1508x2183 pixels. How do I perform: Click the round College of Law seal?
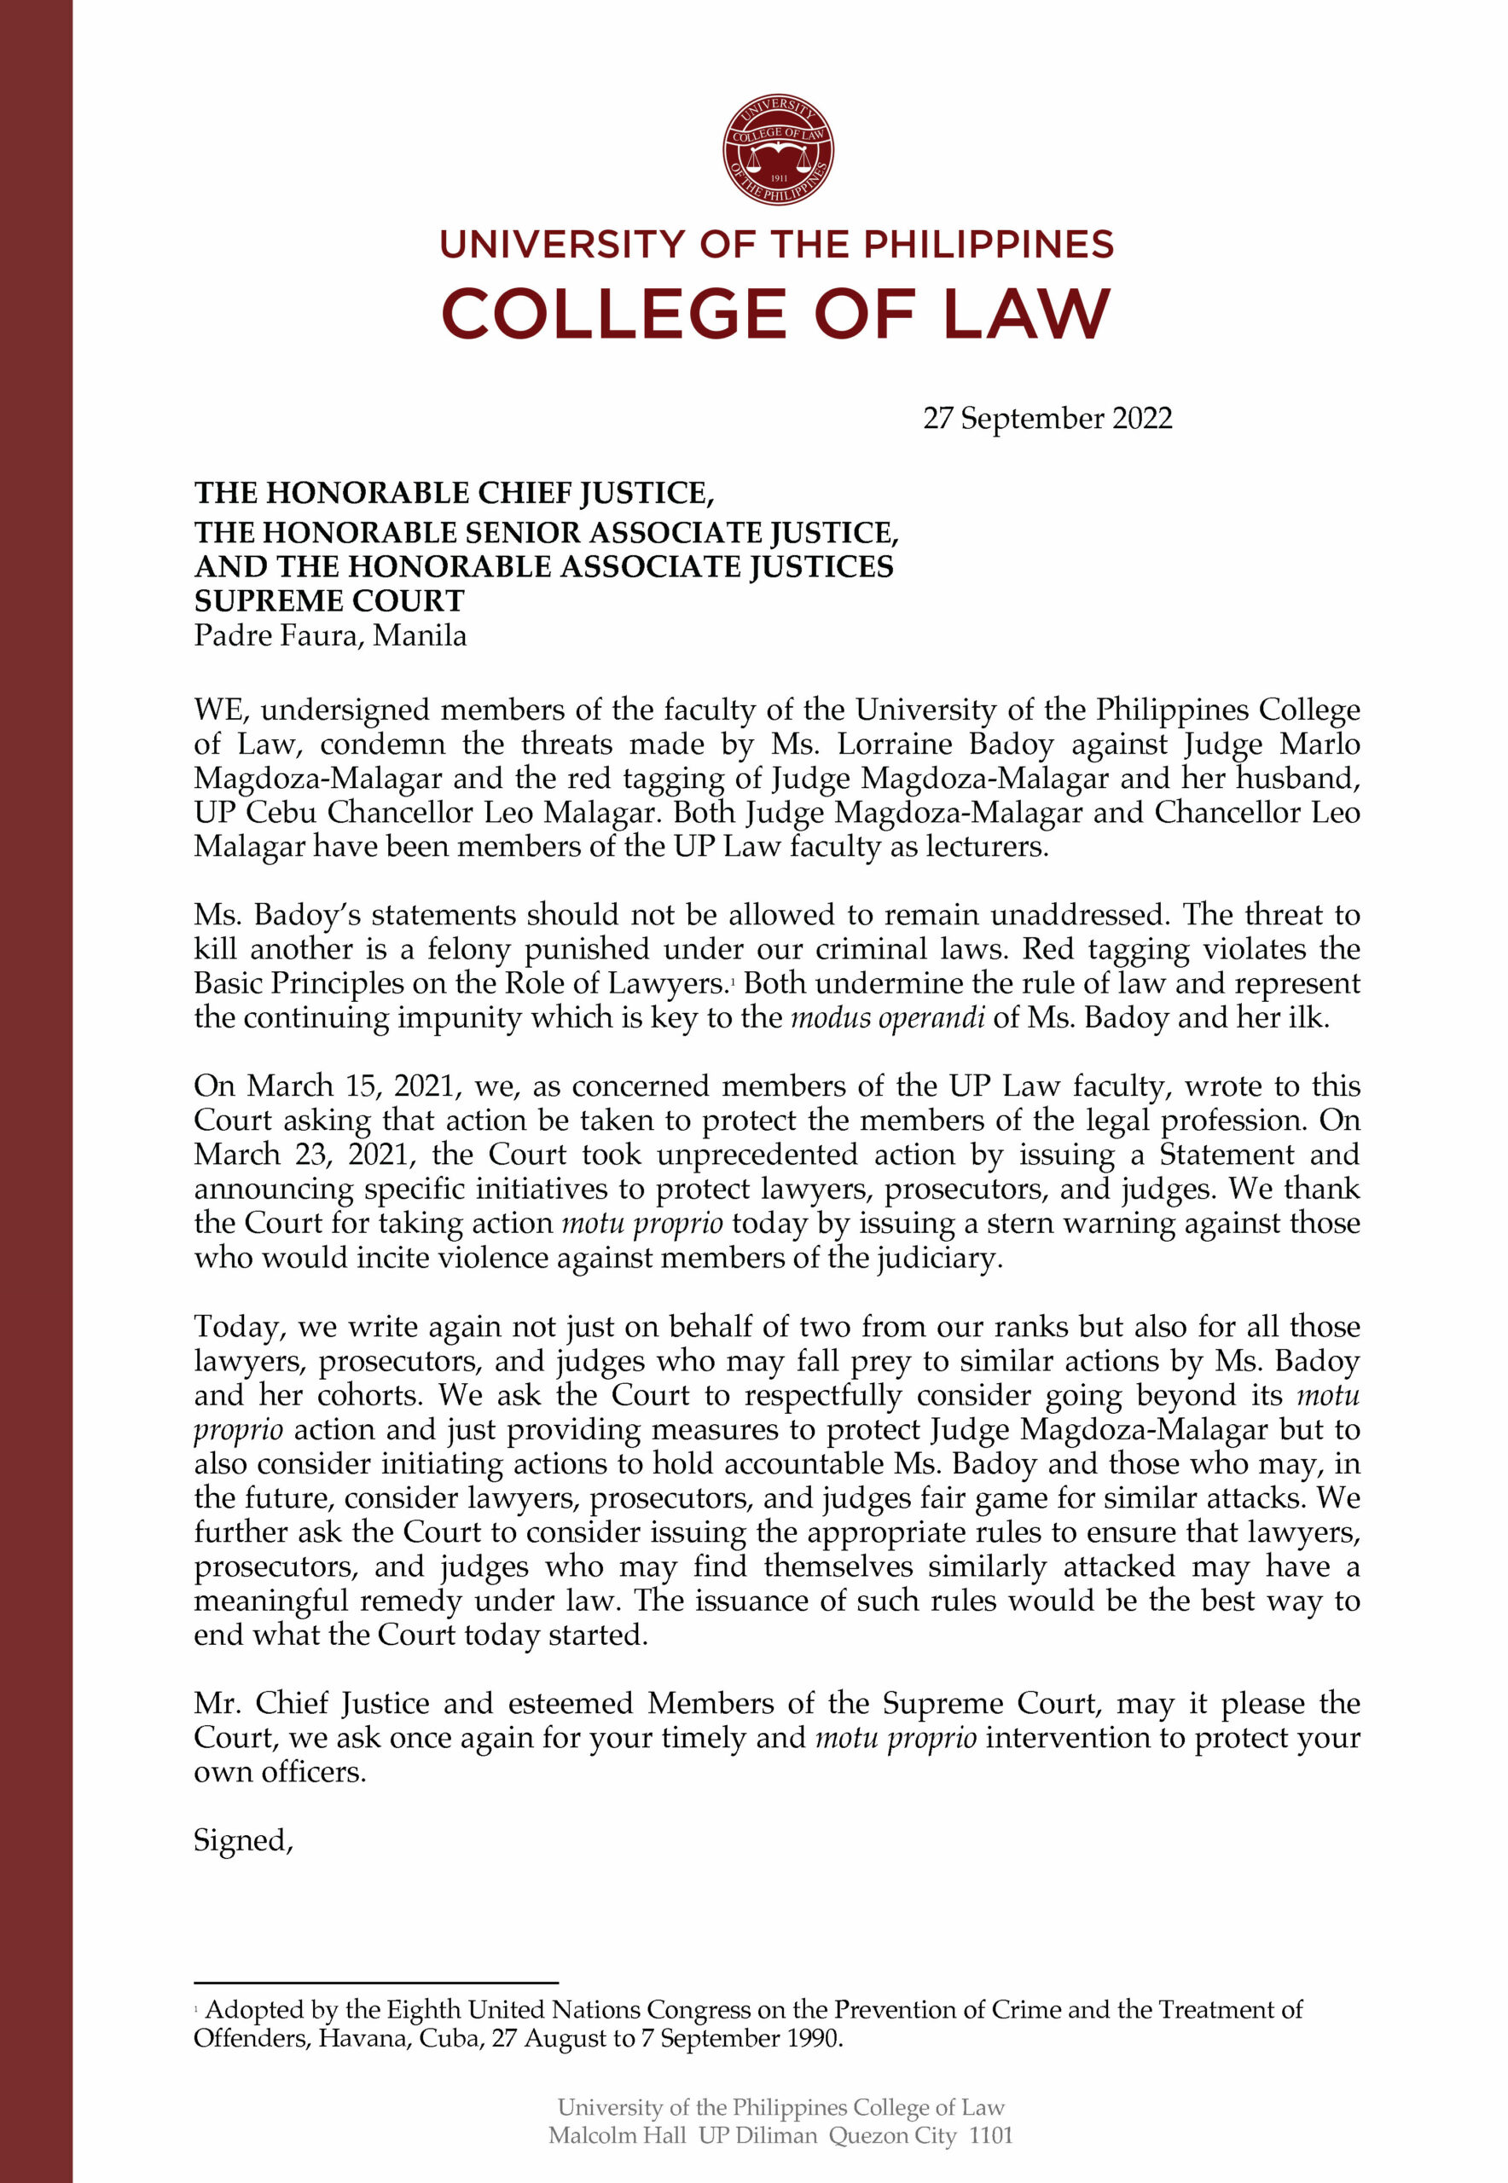click(x=778, y=149)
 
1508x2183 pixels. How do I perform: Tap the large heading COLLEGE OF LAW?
click(x=775, y=315)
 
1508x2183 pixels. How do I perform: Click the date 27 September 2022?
click(x=1047, y=419)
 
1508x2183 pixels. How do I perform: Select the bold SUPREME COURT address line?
click(x=329, y=601)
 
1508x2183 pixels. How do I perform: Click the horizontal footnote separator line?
click(x=376, y=1982)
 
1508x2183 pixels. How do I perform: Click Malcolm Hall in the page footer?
click(x=616, y=2135)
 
